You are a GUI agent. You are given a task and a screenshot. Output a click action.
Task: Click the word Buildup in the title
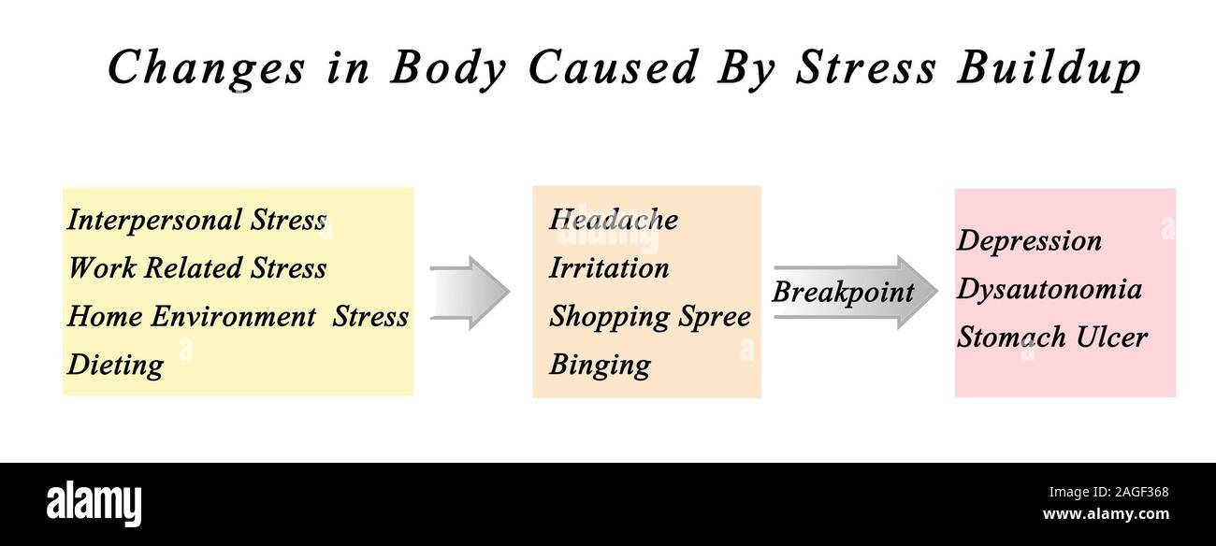tap(1048, 68)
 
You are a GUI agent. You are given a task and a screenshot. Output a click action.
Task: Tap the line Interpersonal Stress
tap(196, 221)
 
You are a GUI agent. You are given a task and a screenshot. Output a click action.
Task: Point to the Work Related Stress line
tap(196, 268)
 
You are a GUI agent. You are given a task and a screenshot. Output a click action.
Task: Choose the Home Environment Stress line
tap(238, 316)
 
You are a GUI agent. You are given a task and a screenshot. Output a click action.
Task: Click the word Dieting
tap(115, 365)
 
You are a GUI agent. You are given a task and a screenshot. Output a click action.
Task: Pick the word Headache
tap(613, 220)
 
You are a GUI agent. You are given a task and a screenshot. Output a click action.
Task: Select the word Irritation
tap(609, 268)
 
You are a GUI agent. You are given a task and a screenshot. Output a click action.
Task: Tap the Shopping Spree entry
tap(649, 316)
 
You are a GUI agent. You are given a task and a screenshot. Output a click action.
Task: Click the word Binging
tap(600, 365)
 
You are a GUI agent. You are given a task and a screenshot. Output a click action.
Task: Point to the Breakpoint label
tap(842, 292)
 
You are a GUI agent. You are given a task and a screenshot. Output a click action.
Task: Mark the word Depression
tap(1029, 241)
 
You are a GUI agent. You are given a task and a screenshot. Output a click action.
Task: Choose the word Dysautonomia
tap(1049, 289)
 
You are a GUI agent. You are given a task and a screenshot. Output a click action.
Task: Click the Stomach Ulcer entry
tap(1051, 337)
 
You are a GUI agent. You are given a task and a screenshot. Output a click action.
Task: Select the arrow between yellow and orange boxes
tap(470, 293)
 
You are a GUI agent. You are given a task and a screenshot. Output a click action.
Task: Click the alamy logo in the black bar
tap(94, 503)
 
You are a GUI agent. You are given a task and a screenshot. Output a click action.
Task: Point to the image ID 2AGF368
tap(1136, 493)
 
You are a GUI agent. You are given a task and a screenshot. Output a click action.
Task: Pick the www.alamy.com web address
tap(1105, 514)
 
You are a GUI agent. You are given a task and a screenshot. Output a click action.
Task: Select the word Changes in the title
tap(206, 68)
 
